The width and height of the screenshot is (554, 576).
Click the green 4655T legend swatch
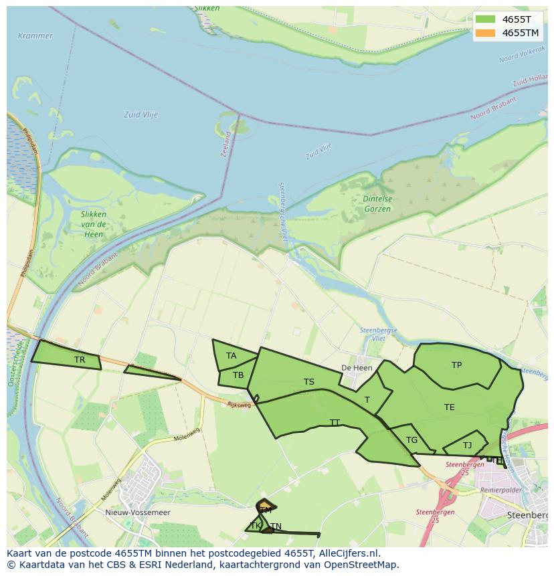coord(486,19)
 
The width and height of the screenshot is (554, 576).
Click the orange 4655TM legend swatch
coord(486,33)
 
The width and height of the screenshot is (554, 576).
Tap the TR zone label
coord(80,360)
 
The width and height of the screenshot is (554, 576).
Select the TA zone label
coord(231,356)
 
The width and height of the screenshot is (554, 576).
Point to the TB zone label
coord(238,375)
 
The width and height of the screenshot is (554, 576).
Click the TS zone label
coord(309,382)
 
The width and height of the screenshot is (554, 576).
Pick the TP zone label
coord(456,365)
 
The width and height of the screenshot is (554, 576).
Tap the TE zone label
coord(450,407)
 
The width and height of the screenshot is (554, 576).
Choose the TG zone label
coord(411,440)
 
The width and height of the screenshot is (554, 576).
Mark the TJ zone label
coord(467,446)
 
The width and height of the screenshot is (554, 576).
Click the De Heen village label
coord(357,368)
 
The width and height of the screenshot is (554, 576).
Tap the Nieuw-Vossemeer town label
coord(138,512)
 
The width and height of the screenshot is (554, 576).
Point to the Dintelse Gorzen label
coord(377,204)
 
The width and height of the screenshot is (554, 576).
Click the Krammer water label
coord(35,35)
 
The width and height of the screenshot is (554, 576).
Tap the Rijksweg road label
coord(239,405)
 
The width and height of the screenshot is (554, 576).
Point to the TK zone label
coord(255,526)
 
